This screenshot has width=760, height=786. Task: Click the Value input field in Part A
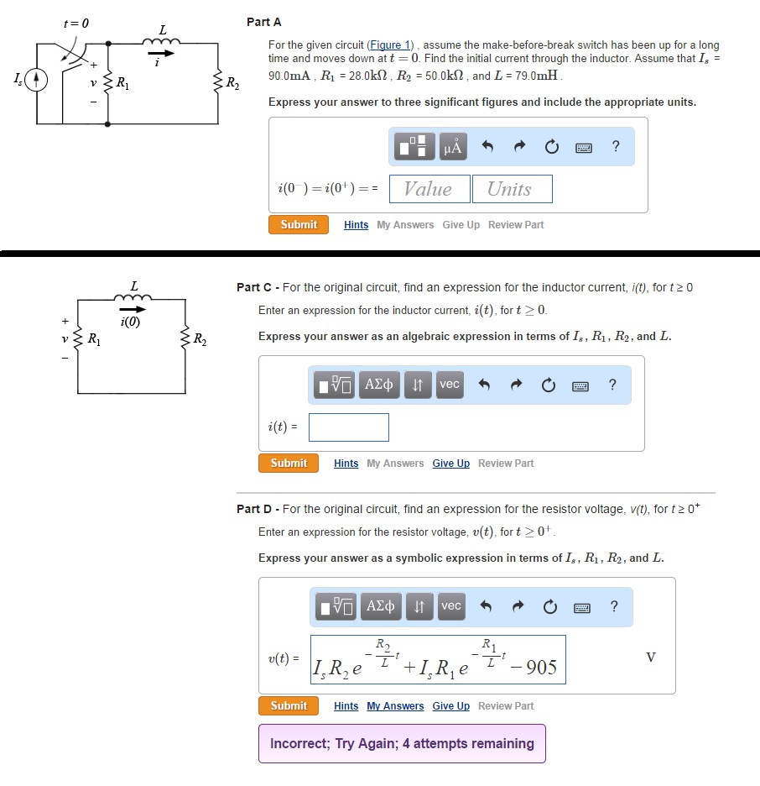click(429, 189)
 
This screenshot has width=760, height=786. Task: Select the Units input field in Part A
click(511, 189)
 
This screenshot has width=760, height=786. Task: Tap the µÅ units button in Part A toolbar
click(452, 148)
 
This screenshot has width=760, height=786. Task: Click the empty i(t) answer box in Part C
click(348, 427)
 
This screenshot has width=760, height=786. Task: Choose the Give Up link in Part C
click(450, 464)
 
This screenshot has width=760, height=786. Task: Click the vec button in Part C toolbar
click(450, 385)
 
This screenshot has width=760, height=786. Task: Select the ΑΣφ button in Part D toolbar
click(382, 606)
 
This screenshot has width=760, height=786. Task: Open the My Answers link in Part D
click(395, 706)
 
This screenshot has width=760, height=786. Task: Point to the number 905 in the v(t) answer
click(541, 668)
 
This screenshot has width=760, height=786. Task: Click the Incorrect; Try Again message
click(402, 744)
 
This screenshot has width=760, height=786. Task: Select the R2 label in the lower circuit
click(200, 339)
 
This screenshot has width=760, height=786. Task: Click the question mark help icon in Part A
click(617, 148)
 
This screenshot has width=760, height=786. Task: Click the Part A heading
click(264, 22)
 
